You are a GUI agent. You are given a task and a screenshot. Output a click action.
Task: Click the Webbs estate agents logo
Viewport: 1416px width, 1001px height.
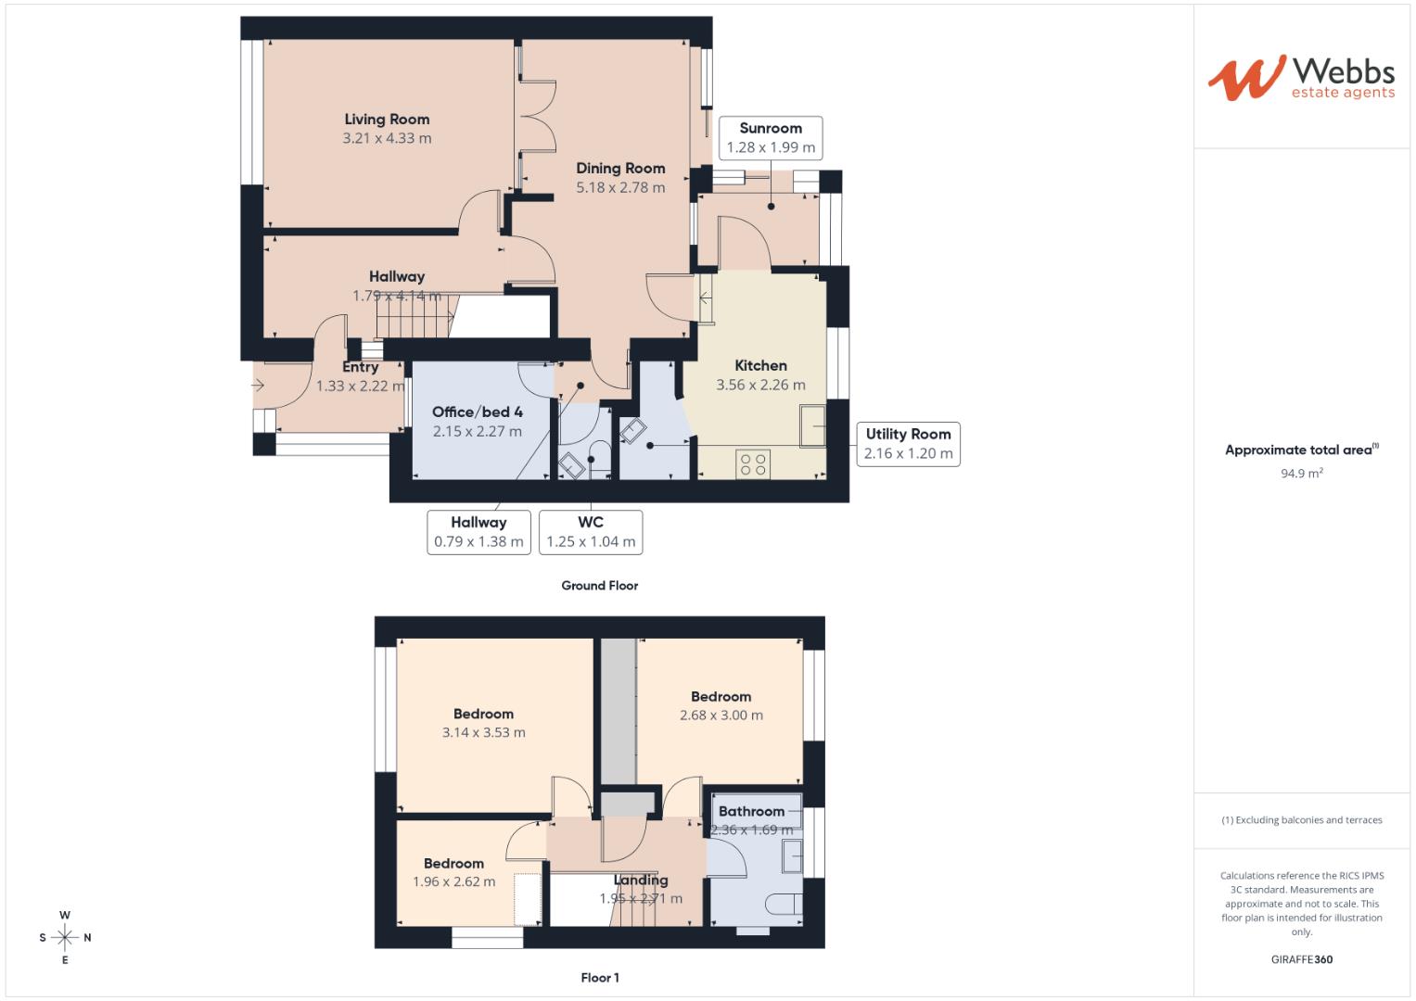[x=1300, y=78]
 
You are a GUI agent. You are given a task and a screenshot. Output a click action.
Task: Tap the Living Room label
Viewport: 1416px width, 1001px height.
[x=387, y=119]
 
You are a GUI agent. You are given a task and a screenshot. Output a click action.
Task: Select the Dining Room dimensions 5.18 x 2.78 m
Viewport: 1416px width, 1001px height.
[x=620, y=187]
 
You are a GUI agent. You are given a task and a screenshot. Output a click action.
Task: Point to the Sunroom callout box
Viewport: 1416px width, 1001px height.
[x=771, y=137]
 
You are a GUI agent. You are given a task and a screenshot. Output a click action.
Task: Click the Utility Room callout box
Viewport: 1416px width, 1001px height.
[x=908, y=444]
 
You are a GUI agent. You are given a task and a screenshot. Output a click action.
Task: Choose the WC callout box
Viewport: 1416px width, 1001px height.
[x=591, y=532]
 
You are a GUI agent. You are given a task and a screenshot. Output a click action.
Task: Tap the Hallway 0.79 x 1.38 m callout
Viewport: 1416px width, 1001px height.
[x=478, y=532]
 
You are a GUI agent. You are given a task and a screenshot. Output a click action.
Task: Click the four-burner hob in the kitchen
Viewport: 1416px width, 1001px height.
[x=753, y=462]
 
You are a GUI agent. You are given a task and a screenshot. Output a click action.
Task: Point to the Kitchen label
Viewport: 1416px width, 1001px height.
[x=760, y=365]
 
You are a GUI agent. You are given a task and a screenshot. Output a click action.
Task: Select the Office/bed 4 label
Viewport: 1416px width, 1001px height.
[x=477, y=412]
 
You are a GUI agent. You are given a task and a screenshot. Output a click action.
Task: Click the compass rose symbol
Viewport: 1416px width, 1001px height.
[x=65, y=937]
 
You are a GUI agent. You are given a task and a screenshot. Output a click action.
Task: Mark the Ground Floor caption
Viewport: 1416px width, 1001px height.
[x=599, y=586]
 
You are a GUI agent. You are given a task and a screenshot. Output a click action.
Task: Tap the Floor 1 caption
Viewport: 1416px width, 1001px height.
[x=599, y=978]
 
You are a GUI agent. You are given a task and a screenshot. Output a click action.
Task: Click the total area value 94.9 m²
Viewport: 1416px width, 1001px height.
[x=1301, y=473]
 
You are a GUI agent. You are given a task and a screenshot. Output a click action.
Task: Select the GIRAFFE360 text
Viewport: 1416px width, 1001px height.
[x=1301, y=959]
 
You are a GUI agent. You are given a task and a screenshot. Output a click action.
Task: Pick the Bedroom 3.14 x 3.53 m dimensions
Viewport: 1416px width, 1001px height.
[x=483, y=732]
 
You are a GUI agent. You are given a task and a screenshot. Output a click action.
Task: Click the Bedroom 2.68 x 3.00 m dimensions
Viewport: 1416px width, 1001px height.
[x=721, y=716]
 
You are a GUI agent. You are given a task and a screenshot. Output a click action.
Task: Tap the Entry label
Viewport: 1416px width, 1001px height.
[x=360, y=367]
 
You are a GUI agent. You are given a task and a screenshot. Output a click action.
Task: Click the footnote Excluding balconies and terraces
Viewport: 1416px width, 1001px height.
[x=1301, y=820]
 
